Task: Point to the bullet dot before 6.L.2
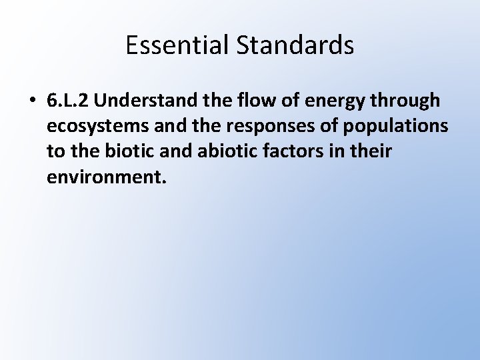[x=31, y=101]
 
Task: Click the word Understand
[x=150, y=100]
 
